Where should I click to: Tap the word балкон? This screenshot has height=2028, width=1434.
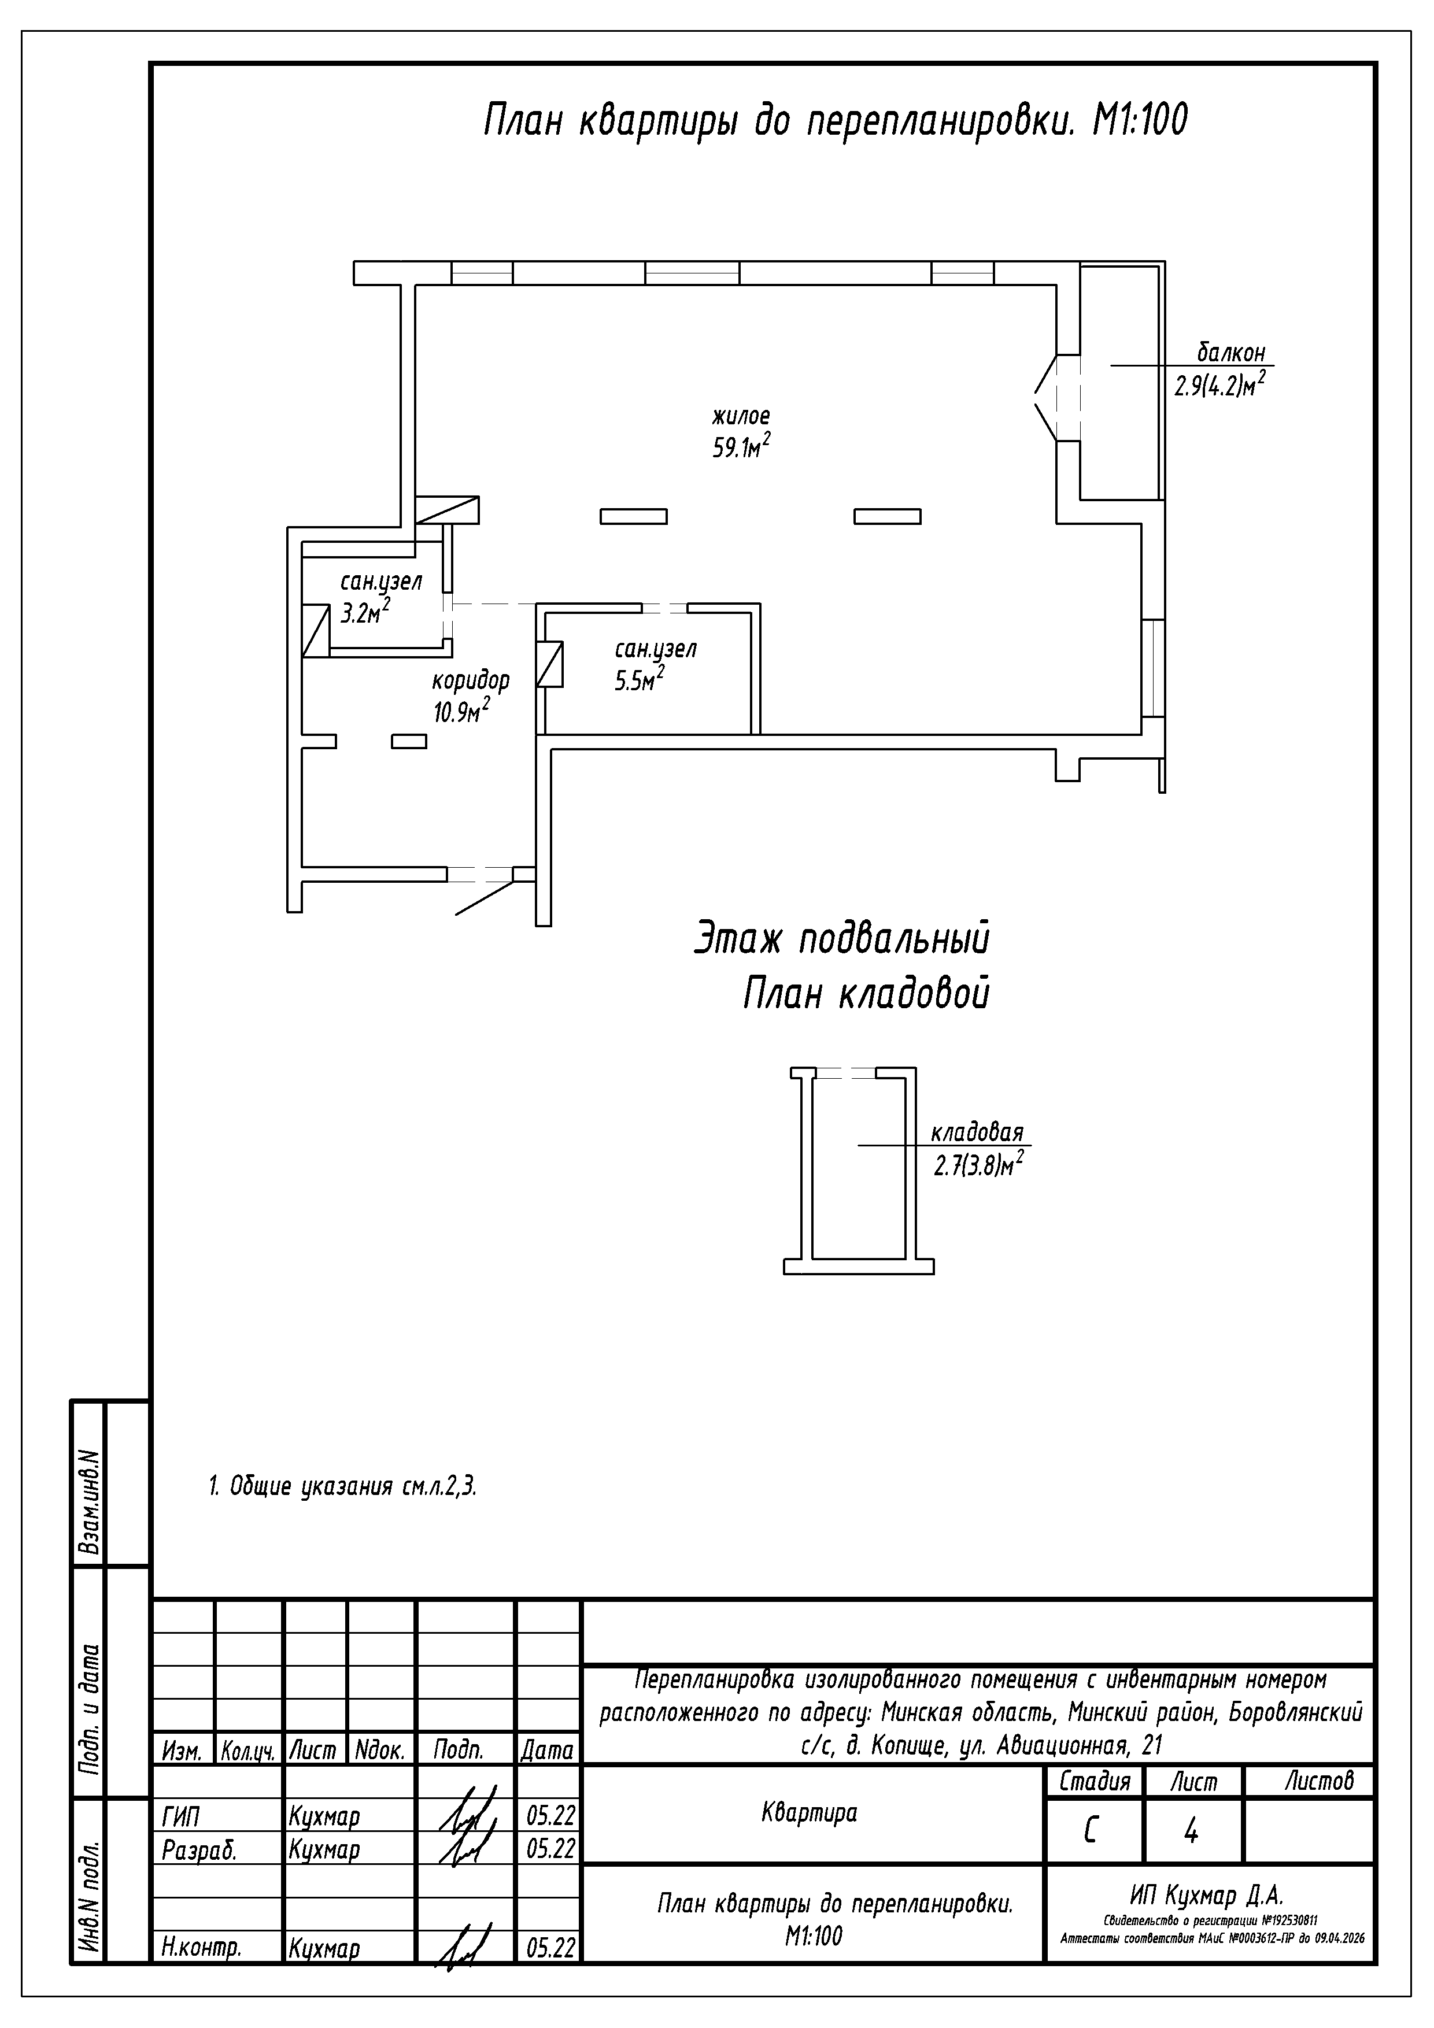click(1231, 353)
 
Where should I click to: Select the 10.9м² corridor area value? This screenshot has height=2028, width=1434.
click(460, 711)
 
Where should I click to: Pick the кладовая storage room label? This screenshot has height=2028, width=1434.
click(976, 1133)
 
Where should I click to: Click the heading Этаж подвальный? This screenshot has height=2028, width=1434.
click(841, 938)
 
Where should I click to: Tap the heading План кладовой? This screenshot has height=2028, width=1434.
click(865, 994)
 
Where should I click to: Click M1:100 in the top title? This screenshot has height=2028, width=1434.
click(1140, 121)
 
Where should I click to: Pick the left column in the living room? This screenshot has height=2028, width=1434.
click(634, 517)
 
